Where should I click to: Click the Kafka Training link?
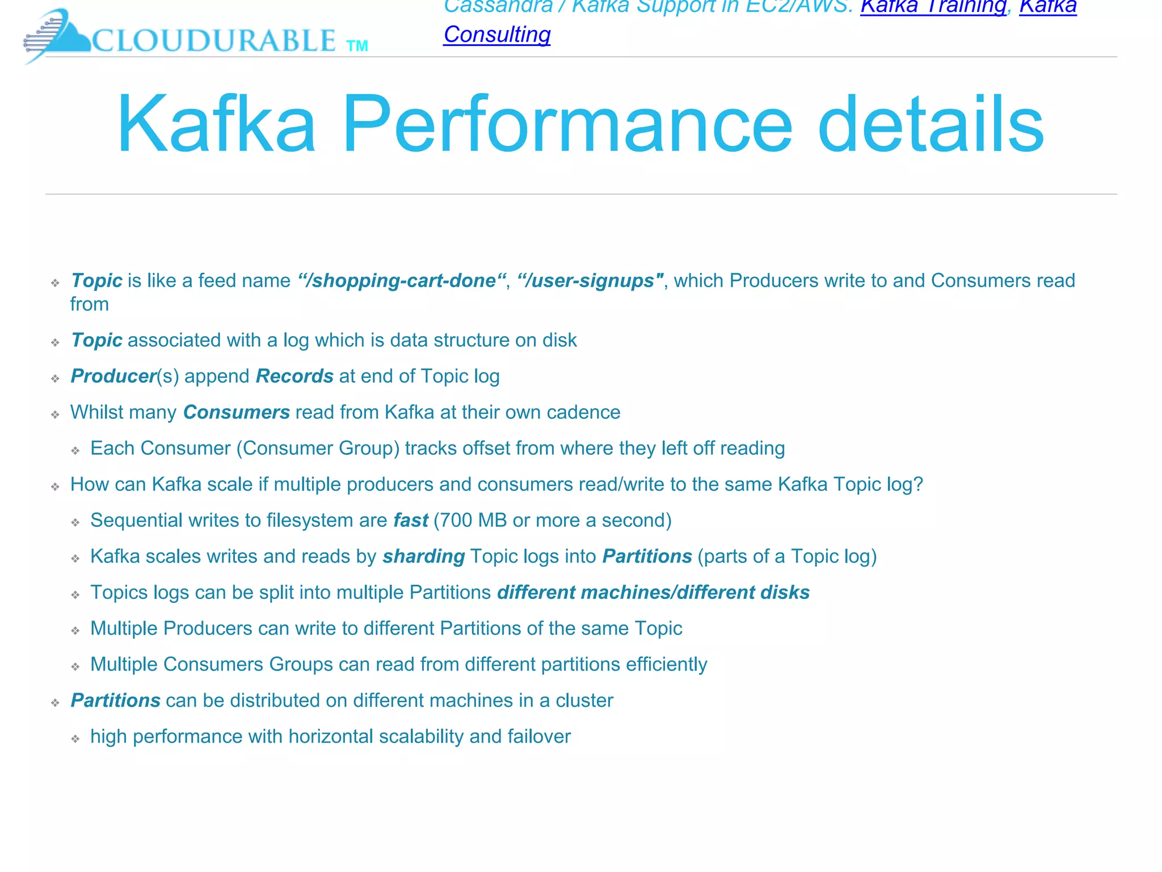coord(933,7)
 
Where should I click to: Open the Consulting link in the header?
coord(496,35)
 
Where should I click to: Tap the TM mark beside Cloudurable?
coord(357,46)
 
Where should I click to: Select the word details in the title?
coord(931,124)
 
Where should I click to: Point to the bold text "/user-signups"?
coord(590,280)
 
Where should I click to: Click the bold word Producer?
coord(113,376)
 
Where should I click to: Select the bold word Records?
coord(294,376)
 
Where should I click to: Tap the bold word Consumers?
coord(236,412)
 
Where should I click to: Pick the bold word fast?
coord(411,520)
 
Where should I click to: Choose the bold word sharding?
coord(424,556)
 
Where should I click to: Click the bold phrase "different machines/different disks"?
coord(653,592)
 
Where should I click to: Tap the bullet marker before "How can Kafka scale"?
coord(55,487)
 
